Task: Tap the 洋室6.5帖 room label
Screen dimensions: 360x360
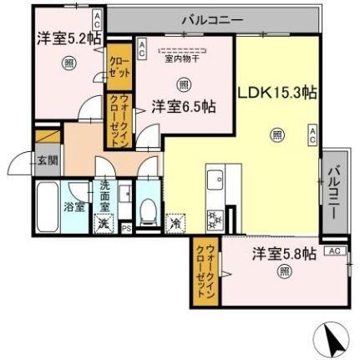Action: (184, 106)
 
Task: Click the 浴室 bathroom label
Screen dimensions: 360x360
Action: (74, 206)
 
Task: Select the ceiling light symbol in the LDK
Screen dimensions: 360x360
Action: (276, 134)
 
